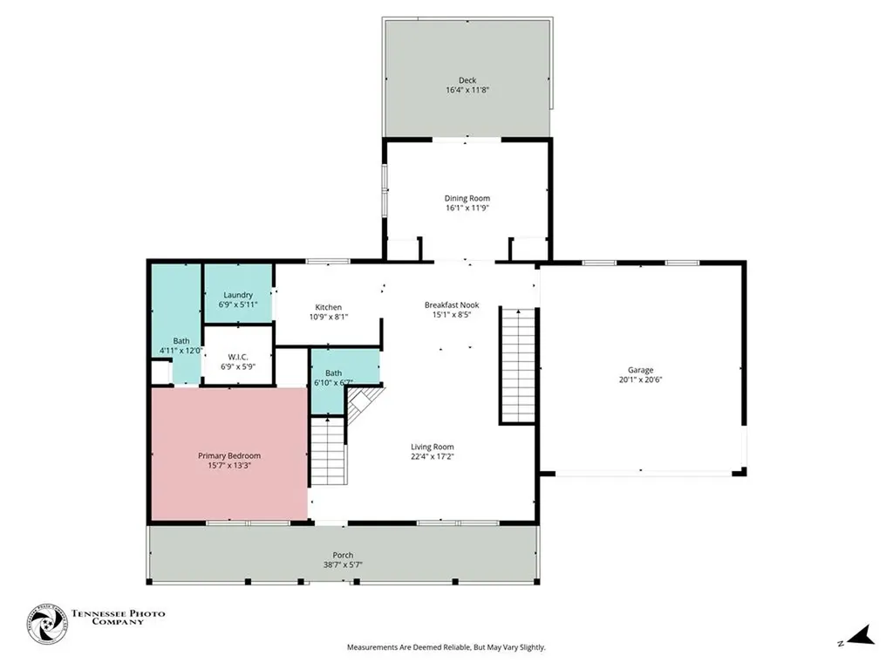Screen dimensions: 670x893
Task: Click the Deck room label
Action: pyautogui.click(x=467, y=80)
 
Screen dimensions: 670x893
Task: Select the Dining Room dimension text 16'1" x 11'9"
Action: pyautogui.click(x=467, y=209)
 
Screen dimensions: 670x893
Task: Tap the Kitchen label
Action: pyautogui.click(x=329, y=307)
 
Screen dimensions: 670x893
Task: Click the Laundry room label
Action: pyautogui.click(x=238, y=295)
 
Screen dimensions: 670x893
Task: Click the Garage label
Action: pyautogui.click(x=641, y=370)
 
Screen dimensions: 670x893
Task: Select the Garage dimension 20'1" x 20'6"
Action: pyautogui.click(x=641, y=379)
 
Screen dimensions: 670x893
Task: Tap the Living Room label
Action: pyautogui.click(x=433, y=447)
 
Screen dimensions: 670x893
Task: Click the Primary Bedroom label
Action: pyautogui.click(x=229, y=455)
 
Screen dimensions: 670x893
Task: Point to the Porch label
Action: pyautogui.click(x=343, y=555)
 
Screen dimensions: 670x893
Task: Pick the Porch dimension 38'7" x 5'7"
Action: pyautogui.click(x=343, y=564)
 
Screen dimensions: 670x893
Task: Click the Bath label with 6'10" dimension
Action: pyautogui.click(x=333, y=373)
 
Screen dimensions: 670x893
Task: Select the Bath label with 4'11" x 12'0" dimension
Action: pyautogui.click(x=181, y=341)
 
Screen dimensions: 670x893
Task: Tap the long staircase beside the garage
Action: pyautogui.click(x=516, y=365)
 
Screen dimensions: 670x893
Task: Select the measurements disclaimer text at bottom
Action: pyautogui.click(x=446, y=647)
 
